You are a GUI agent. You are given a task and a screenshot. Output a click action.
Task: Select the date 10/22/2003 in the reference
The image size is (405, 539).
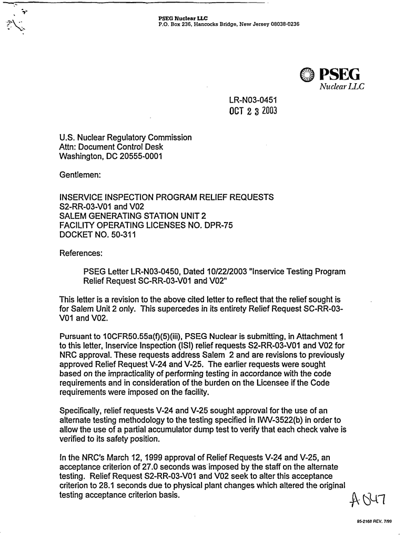224,272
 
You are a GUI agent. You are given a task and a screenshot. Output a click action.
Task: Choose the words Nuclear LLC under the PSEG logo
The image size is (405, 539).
342,86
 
